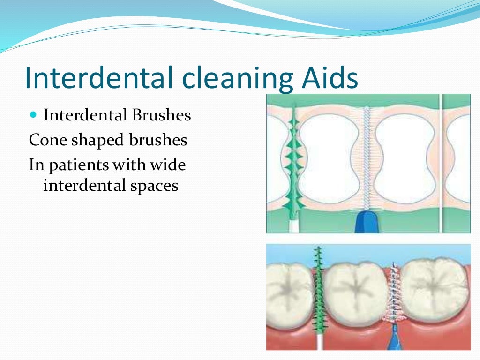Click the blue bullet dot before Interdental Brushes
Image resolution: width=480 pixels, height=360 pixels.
pos(32,114)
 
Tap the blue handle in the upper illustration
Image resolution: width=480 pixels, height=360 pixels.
pos(367,222)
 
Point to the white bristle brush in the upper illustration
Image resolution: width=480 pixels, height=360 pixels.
pos(367,159)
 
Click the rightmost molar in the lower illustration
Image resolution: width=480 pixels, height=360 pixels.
pos(435,286)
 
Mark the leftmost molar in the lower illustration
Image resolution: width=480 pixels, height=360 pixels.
pos(286,291)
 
